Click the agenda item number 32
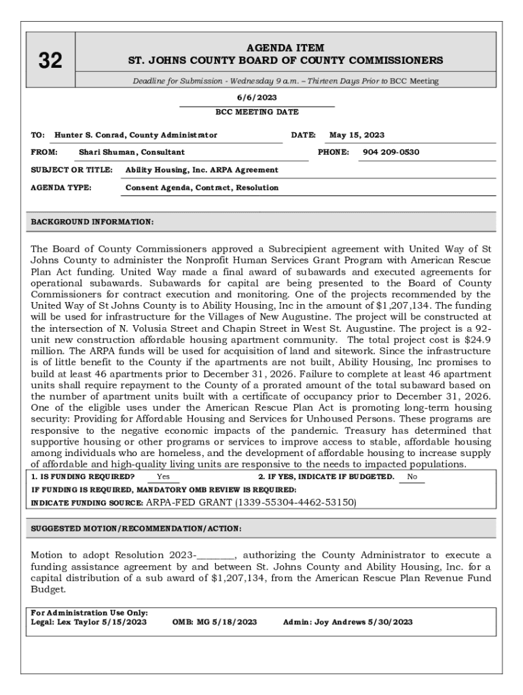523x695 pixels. pyautogui.click(x=50, y=61)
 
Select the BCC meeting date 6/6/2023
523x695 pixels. pyautogui.click(x=257, y=98)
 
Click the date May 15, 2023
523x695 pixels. pyautogui.click(x=357, y=135)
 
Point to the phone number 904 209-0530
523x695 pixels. pyautogui.click(x=391, y=152)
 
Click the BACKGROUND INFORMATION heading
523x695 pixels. pyautogui.click(x=92, y=222)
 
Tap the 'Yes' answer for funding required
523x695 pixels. pyautogui.click(x=163, y=477)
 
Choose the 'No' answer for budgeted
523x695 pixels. pyautogui.click(x=412, y=477)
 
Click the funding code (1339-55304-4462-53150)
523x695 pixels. pyautogui.click(x=295, y=502)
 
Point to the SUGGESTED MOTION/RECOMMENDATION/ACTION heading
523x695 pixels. pyautogui.click(x=136, y=529)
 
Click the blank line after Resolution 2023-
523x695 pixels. pyautogui.click(x=215, y=555)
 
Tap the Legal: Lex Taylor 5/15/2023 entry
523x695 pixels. pyautogui.click(x=89, y=622)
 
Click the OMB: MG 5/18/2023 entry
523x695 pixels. pyautogui.click(x=215, y=622)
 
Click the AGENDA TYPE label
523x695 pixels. pyautogui.click(x=62, y=187)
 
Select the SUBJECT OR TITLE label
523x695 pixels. pyautogui.click(x=71, y=170)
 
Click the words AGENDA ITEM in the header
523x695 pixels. pyautogui.click(x=285, y=48)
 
